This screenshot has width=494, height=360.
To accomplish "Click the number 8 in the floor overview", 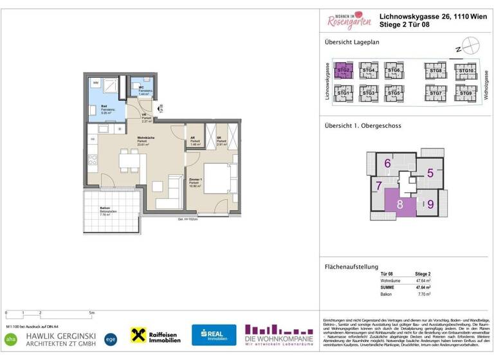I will tap(400, 206).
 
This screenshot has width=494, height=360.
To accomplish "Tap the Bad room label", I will tap(94, 107).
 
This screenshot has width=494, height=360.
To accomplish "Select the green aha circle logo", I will tap(11, 337).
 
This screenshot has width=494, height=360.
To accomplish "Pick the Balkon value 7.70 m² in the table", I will tap(425, 294).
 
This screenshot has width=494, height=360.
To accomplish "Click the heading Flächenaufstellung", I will tap(351, 267).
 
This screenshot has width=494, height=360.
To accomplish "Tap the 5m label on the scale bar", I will tap(91, 313).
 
